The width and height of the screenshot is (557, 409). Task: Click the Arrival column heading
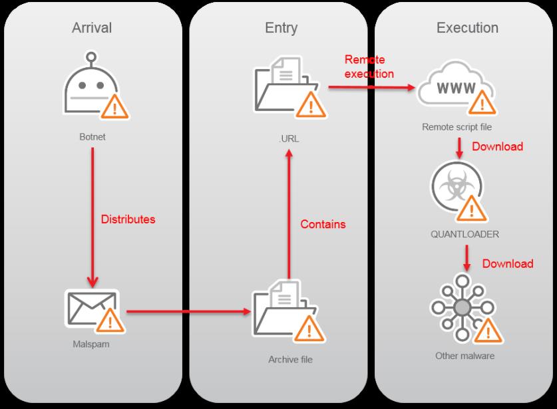[x=92, y=28]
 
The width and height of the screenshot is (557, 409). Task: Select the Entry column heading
[x=281, y=28]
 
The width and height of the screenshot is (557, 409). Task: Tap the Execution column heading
[x=467, y=28]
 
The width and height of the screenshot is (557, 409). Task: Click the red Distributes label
[x=128, y=219]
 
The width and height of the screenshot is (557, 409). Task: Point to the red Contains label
[x=323, y=224]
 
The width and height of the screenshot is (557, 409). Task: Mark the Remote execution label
[x=368, y=67]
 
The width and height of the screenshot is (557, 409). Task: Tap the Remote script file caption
[x=456, y=126]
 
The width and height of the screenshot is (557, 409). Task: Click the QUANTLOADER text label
[x=464, y=234]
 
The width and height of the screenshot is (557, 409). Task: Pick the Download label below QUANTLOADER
[x=508, y=264]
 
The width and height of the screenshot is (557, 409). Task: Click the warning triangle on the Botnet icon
[x=114, y=107]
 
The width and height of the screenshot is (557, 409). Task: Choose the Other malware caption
[x=464, y=356]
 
